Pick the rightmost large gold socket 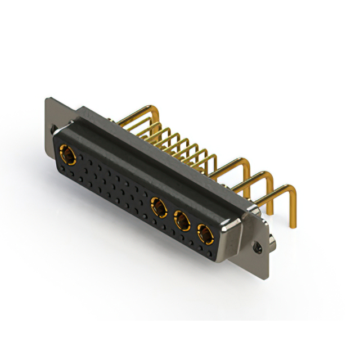click(x=204, y=232)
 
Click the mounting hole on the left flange click(x=55, y=130)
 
